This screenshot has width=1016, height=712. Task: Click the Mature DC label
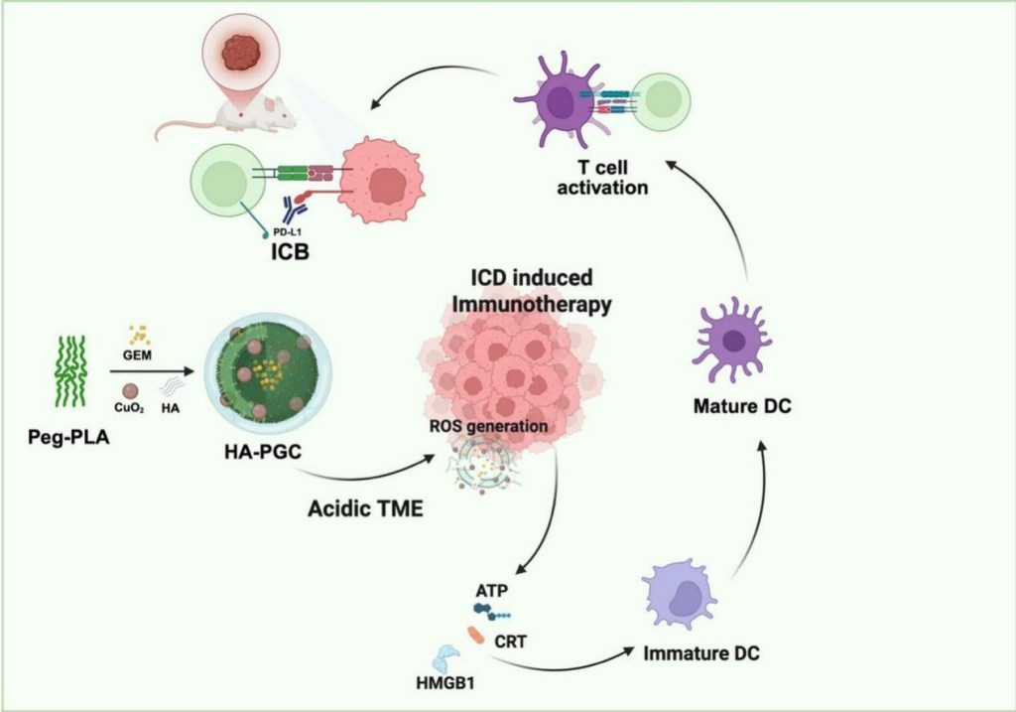pos(741,406)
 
